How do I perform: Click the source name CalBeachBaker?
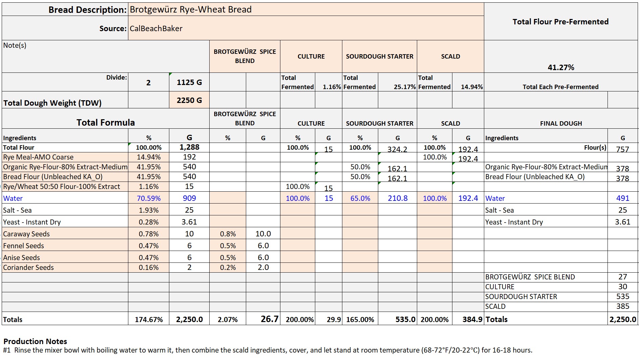tap(156, 28)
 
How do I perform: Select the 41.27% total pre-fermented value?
tap(561, 67)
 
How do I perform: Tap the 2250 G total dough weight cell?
tap(189, 100)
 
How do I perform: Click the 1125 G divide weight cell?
tap(189, 82)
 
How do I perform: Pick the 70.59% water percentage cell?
tap(149, 198)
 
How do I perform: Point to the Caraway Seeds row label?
tap(26, 234)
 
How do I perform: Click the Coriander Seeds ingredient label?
tap(28, 268)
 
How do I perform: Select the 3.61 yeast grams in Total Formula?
tap(189, 222)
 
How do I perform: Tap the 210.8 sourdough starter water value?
tap(398, 198)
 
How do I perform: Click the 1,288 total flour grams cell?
tap(189, 147)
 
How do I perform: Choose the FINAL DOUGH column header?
tap(561, 124)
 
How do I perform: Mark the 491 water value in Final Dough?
tap(622, 198)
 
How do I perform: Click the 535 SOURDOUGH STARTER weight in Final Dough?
tap(622, 297)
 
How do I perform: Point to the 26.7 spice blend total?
tap(270, 319)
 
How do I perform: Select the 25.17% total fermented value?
tap(405, 87)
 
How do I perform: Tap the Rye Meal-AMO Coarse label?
tap(38, 157)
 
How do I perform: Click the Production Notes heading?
tap(35, 341)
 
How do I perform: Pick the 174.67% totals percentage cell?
tap(149, 320)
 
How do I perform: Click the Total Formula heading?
tap(106, 123)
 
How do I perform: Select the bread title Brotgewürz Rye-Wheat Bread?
tap(191, 9)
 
